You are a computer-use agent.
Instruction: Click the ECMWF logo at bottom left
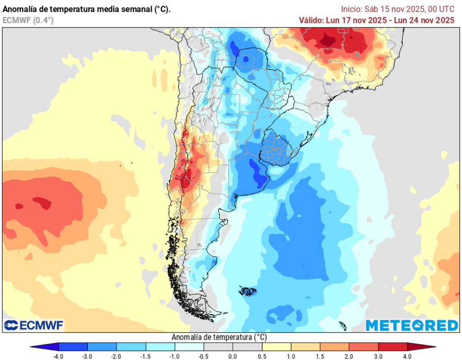(x=34, y=325)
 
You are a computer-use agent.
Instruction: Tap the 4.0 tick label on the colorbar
(x=407, y=356)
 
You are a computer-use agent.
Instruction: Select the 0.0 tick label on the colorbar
(x=233, y=356)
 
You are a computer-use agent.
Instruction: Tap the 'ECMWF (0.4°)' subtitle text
(x=28, y=20)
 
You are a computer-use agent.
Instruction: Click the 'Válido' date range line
(x=376, y=20)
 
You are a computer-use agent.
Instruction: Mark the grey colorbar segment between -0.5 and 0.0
(x=218, y=346)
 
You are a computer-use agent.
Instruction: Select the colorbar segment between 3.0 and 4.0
(x=393, y=346)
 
